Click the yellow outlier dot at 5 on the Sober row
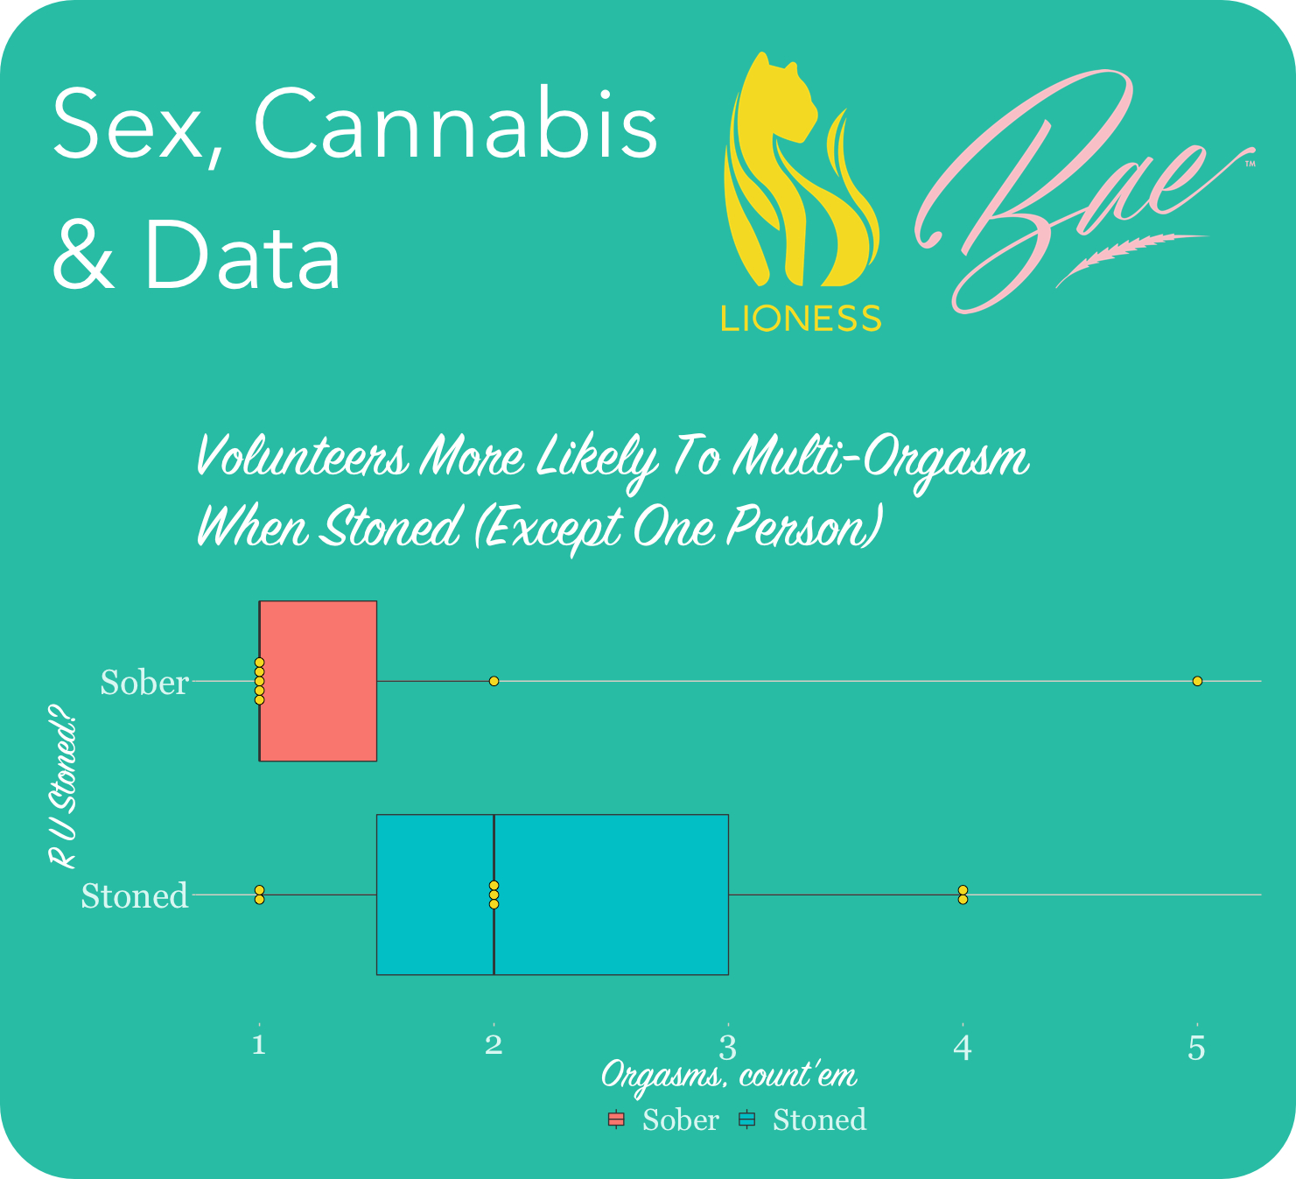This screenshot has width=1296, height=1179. pos(1197,681)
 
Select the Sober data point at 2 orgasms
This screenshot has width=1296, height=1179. pos(494,681)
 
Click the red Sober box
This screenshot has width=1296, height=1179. pos(318,681)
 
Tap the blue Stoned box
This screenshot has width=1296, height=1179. pos(552,895)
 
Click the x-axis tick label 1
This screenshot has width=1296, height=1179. pos(259,1044)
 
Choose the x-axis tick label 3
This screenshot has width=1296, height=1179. pos(728,1047)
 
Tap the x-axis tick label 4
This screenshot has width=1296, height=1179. pos(963,1047)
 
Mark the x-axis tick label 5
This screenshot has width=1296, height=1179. pos(1196,1047)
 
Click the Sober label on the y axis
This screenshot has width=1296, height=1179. pos(144,682)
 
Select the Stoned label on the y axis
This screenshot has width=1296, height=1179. pos(135,895)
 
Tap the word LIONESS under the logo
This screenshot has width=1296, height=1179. pos(801,318)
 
